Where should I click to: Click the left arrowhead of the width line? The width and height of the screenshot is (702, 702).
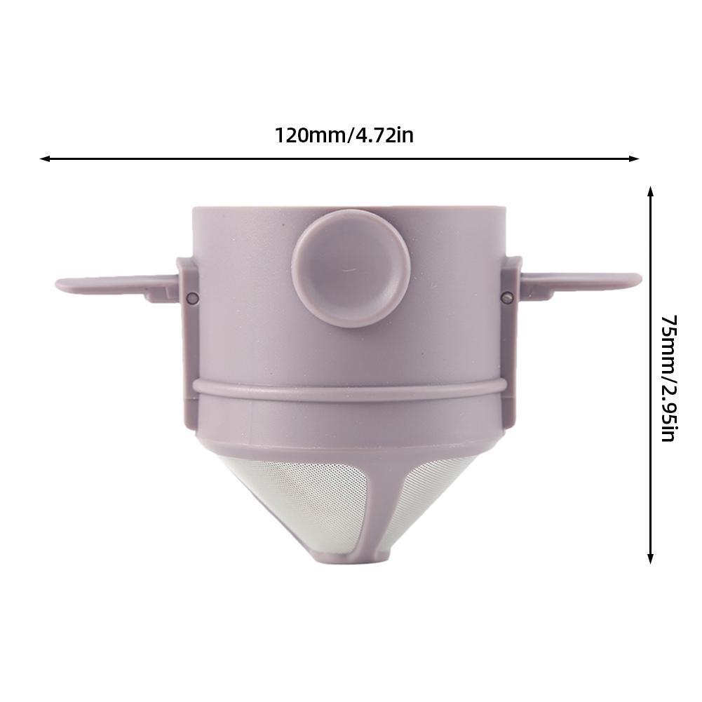pyautogui.click(x=44, y=159)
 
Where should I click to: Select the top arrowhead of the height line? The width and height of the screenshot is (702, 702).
pyautogui.click(x=651, y=191)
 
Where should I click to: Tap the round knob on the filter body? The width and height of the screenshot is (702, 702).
pyautogui.click(x=350, y=268)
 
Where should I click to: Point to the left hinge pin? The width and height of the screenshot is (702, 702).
pyautogui.click(x=193, y=298)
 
